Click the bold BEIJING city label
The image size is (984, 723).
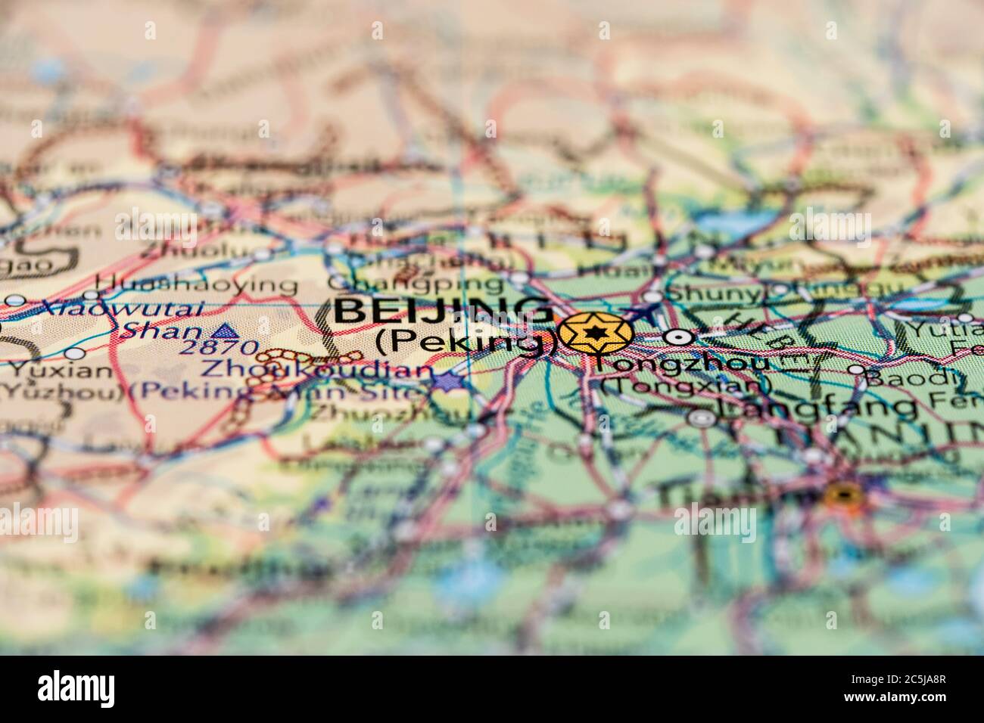click(x=444, y=312)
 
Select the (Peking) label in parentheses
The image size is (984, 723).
click(x=466, y=342)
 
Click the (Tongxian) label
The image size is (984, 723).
click(x=685, y=386)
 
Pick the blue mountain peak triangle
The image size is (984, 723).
click(x=222, y=330)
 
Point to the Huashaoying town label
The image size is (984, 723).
click(x=198, y=284)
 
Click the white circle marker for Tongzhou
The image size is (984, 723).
click(x=679, y=337)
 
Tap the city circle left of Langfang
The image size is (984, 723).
click(x=701, y=417)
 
